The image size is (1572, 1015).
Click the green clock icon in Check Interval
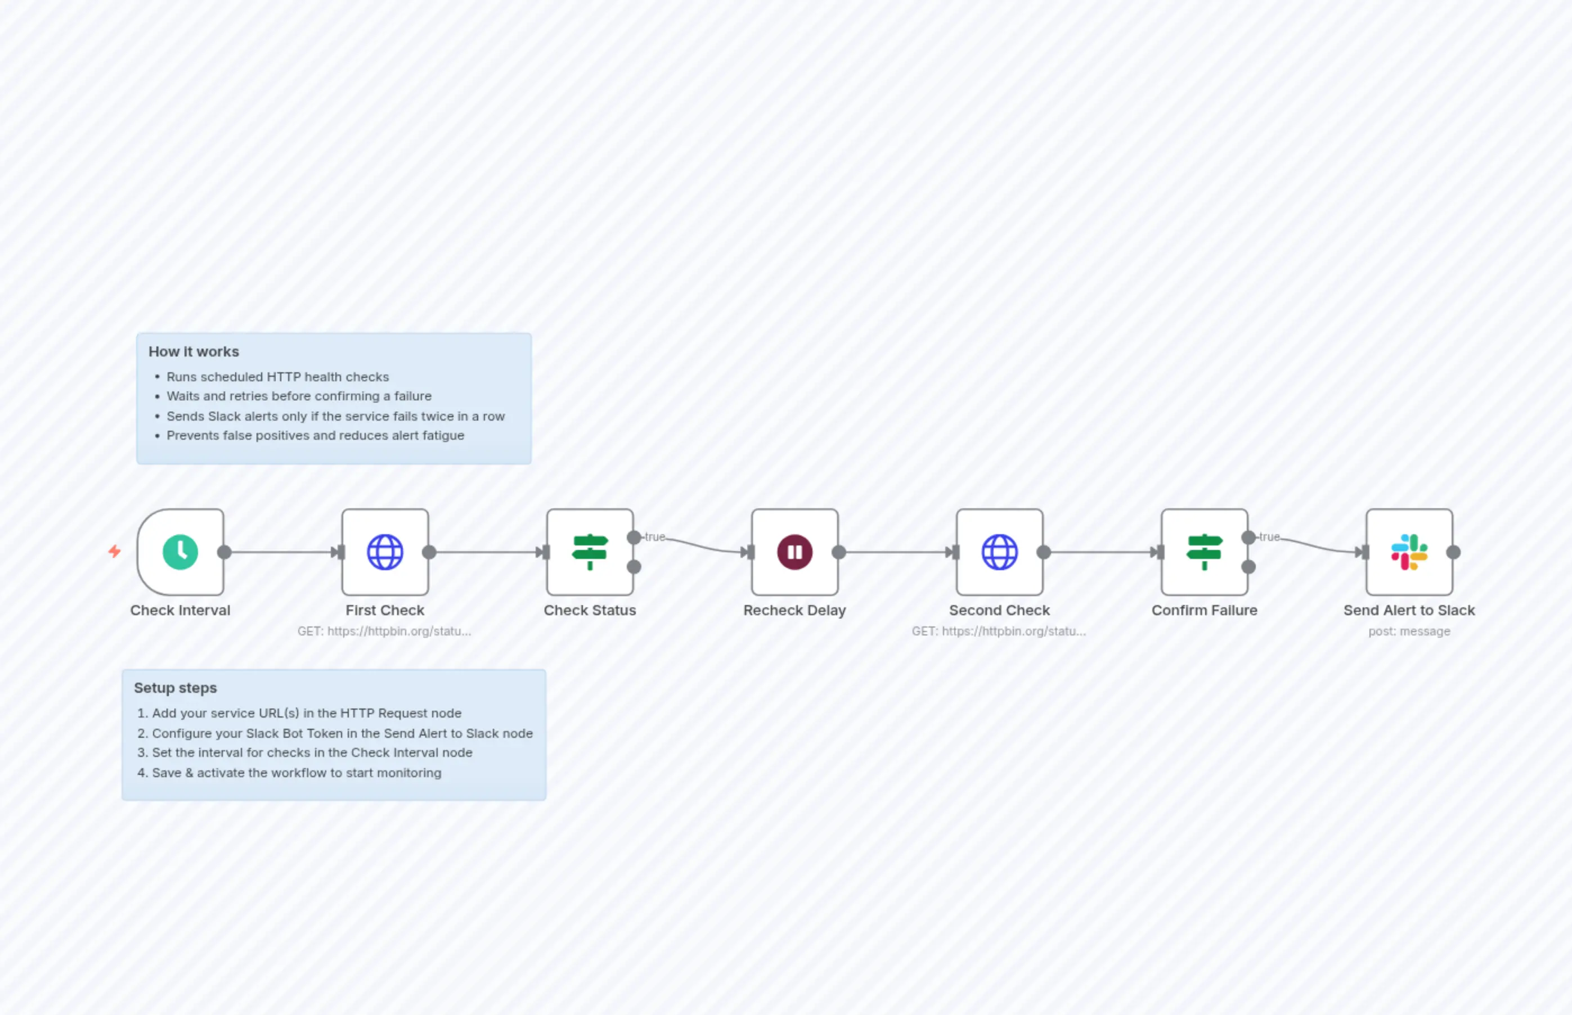pyautogui.click(x=180, y=552)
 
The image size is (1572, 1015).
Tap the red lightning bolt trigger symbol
pyautogui.click(x=115, y=551)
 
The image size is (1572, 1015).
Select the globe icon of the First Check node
pyautogui.click(x=385, y=552)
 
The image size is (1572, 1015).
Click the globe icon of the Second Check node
pyautogui.click(x=1000, y=552)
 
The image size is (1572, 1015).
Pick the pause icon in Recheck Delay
pyautogui.click(x=794, y=552)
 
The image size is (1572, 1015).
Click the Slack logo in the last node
pyautogui.click(x=1409, y=552)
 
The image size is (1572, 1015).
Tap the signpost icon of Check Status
pyautogui.click(x=590, y=552)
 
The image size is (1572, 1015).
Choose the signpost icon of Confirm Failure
pyautogui.click(x=1205, y=552)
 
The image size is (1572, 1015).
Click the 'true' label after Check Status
pyautogui.click(x=655, y=537)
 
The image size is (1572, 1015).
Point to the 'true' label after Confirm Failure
pyautogui.click(x=1269, y=537)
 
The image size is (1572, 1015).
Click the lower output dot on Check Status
pyautogui.click(x=634, y=567)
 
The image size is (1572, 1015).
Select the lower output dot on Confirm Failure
pyautogui.click(x=1249, y=567)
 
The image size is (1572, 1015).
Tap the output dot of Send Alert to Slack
pyautogui.click(x=1453, y=552)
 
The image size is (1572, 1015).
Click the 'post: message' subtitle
pyautogui.click(x=1409, y=631)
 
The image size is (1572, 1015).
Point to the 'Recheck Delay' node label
pyautogui.click(x=794, y=610)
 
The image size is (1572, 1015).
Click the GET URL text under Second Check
pyautogui.click(x=998, y=631)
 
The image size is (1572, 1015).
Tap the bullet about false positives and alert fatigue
pyautogui.click(x=315, y=436)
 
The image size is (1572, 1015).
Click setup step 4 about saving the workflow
pyautogui.click(x=296, y=773)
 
